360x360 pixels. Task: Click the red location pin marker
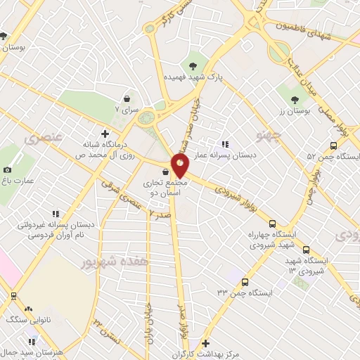181,166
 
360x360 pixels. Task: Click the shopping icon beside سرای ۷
127,99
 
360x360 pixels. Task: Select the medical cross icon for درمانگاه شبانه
105,133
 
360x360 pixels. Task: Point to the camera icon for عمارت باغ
8,169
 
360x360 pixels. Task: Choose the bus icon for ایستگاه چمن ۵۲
333,146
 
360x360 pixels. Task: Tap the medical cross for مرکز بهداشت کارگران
205,344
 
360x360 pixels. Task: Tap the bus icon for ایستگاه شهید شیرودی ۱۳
305,250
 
